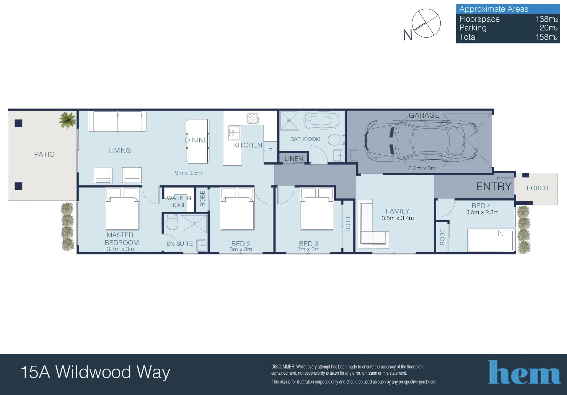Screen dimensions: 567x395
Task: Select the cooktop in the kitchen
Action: click(254, 118)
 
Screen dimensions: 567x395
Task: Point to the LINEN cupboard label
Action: click(294, 159)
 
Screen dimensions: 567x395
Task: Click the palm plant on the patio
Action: click(67, 120)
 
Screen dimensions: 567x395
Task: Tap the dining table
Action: click(198, 141)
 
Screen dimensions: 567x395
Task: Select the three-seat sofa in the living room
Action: click(118, 121)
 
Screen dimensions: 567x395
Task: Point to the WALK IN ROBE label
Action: click(179, 201)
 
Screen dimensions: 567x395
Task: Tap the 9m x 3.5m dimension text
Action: click(188, 173)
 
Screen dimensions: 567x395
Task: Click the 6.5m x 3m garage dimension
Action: click(422, 168)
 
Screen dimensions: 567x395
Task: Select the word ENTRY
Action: click(494, 187)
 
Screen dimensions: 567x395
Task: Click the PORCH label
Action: click(537, 188)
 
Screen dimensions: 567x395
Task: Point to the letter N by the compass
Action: click(408, 35)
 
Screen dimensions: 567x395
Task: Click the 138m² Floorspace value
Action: click(547, 19)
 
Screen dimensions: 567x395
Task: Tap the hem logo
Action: click(524, 372)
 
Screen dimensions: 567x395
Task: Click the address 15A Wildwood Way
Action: click(95, 372)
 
